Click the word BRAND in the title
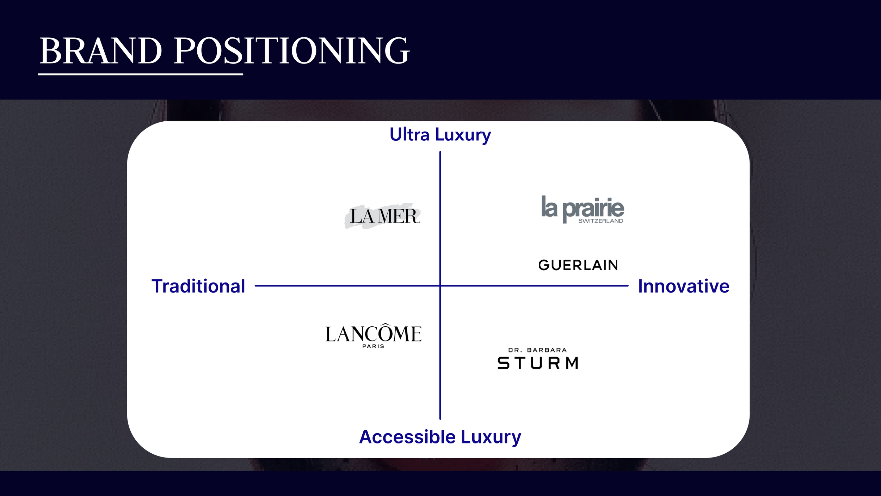point(101,51)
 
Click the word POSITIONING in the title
point(291,51)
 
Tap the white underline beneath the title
point(140,74)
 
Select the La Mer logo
point(383,216)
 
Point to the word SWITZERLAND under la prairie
point(600,221)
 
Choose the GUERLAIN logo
point(578,265)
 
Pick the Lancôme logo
point(373,334)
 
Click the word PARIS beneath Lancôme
point(373,346)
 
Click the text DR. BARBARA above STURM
point(537,350)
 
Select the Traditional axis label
point(198,286)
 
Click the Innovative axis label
point(683,286)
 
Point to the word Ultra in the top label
point(409,135)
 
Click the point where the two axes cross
point(440,285)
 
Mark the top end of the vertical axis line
point(440,153)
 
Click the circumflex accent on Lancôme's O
point(387,325)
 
